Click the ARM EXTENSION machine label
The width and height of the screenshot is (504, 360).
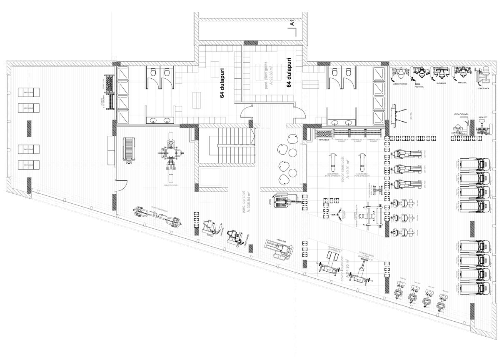400,83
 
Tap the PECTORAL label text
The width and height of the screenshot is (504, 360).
419,87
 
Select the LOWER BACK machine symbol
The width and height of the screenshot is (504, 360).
483,77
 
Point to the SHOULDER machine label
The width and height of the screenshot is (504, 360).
441,83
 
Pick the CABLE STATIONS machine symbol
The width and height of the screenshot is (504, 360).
170,155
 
